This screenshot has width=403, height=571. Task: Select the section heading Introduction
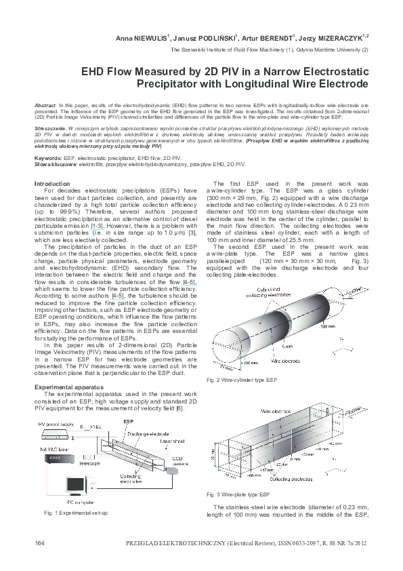point(52,184)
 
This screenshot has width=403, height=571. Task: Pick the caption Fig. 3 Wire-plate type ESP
point(241,494)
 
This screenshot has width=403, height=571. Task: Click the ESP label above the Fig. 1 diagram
point(129,421)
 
